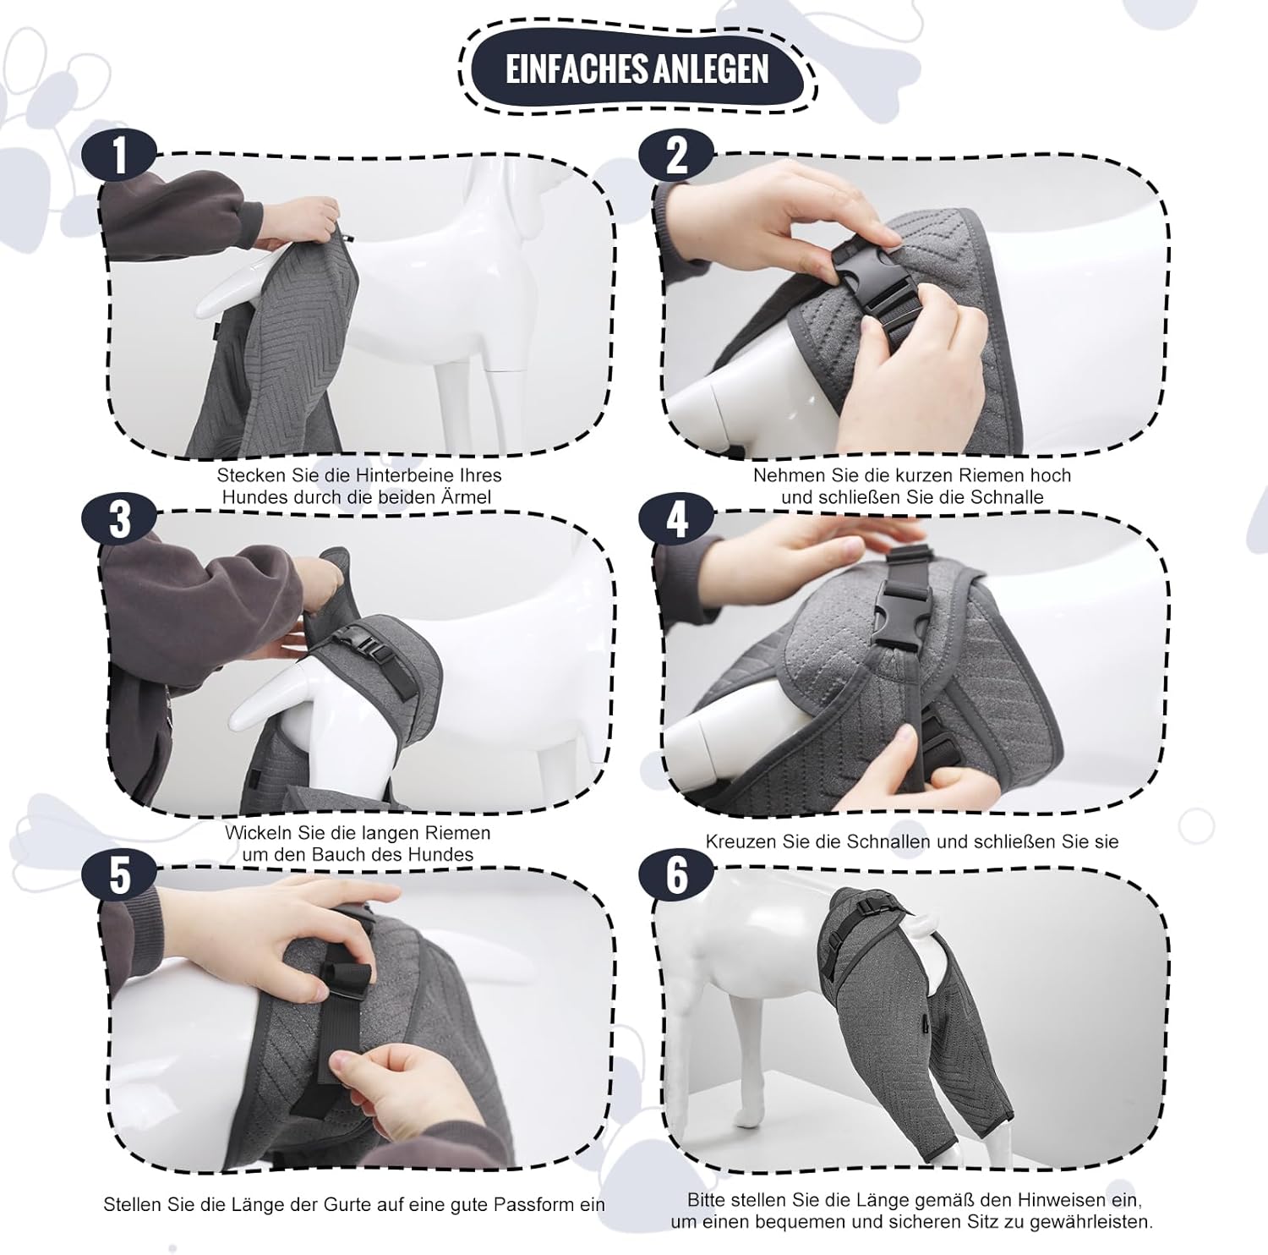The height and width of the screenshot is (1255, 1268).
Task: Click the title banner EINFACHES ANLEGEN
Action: (637, 69)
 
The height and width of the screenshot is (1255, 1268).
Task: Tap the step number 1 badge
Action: (119, 156)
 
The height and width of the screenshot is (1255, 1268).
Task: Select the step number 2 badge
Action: (676, 156)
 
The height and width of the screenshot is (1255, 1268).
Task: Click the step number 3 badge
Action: (119, 518)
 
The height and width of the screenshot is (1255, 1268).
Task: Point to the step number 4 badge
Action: (676, 518)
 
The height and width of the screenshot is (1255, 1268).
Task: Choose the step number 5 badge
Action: (119, 874)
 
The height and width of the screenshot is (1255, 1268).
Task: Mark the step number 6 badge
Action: (676, 874)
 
